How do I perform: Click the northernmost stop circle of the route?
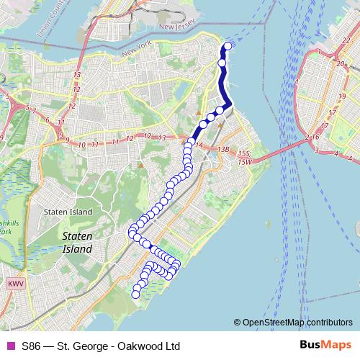pos(228,46)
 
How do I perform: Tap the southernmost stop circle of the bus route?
pos(135,294)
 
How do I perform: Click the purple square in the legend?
pos(10,346)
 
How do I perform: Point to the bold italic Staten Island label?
pos(77,242)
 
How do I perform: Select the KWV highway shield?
pos(16,284)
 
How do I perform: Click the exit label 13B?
pos(222,149)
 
